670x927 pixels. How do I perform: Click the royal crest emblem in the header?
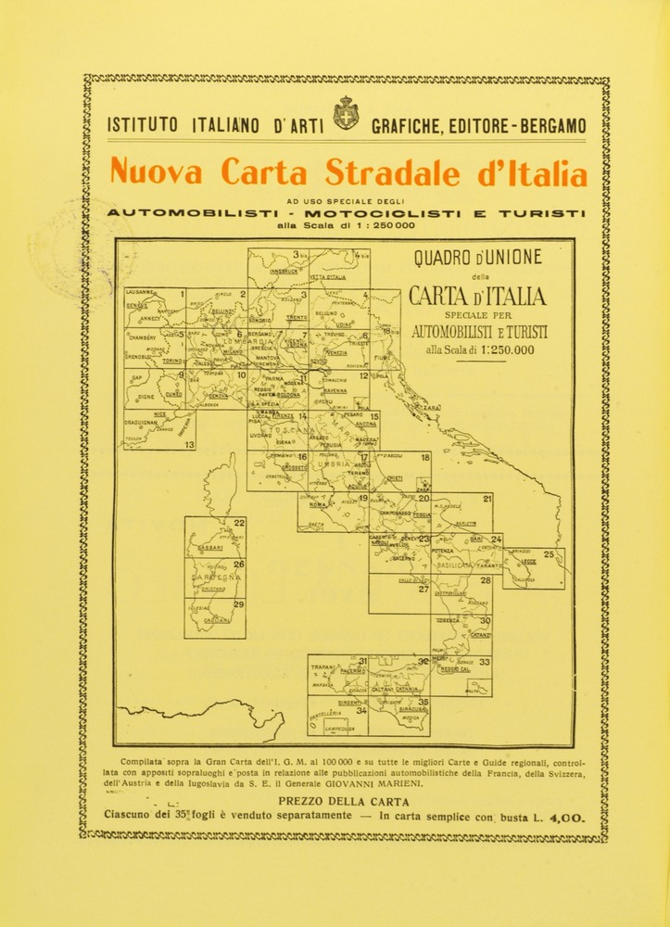click(x=346, y=113)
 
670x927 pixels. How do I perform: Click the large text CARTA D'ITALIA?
click(x=478, y=297)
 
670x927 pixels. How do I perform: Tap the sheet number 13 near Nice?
click(x=189, y=445)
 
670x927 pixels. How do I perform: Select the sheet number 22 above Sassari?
click(x=239, y=523)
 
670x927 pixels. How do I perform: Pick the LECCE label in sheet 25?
click(x=528, y=562)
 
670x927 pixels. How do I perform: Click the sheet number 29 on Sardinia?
click(x=238, y=604)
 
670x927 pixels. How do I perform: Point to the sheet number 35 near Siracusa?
click(x=423, y=703)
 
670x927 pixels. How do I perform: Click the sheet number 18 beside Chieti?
click(x=424, y=458)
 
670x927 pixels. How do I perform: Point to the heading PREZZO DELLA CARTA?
click(x=342, y=802)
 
